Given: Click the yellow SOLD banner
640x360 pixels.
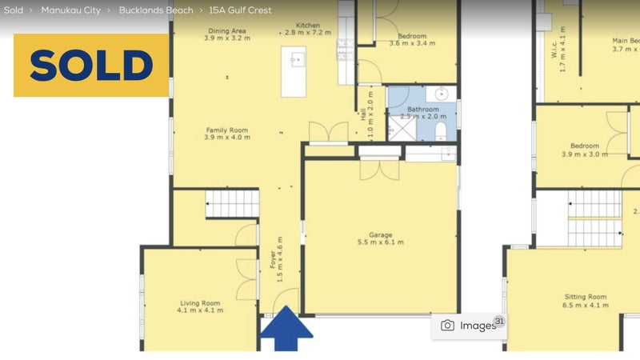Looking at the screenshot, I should [91, 65].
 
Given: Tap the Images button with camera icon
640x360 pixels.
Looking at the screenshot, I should [470, 326].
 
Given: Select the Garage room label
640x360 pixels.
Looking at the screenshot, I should [380, 238].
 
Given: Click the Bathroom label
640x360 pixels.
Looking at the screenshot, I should [422, 110].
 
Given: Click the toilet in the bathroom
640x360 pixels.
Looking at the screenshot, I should [442, 130].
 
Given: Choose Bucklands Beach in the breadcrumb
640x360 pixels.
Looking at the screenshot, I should [156, 10].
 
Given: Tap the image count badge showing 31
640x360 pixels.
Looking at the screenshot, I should [499, 322].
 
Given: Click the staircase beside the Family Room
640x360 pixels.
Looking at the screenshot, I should [232, 204].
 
